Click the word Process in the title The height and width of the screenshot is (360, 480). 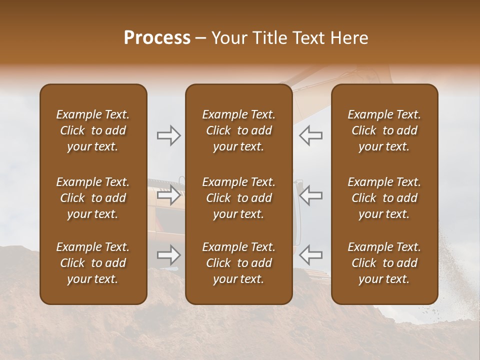click(157, 38)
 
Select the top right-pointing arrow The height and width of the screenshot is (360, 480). click(168, 135)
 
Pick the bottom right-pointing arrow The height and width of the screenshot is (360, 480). click(168, 255)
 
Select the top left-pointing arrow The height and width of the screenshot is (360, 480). click(311, 135)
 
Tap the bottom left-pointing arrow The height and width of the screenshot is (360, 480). click(311, 255)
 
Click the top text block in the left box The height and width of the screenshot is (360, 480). click(93, 130)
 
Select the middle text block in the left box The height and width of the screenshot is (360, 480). click(93, 198)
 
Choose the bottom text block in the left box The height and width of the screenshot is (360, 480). click(93, 263)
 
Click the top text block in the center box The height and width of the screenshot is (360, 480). click(239, 130)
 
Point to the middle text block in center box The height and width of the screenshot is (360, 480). click(239, 198)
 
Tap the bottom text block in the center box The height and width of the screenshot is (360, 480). click(239, 263)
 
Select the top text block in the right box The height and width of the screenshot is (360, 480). click(384, 130)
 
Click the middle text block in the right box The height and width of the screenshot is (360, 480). click(384, 198)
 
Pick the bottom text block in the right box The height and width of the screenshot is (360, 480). click(384, 263)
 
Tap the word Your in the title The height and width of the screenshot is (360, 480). click(228, 38)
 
